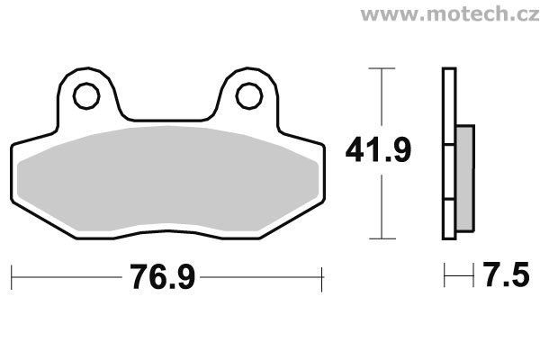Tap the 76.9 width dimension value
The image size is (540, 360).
pos(162,276)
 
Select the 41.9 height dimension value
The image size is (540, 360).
pos(378,149)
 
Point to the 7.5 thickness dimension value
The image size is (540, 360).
pos(506,274)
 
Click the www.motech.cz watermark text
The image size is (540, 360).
pos(450,14)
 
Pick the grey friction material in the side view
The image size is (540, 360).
pos(465,178)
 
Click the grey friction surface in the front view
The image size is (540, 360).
pos(167,179)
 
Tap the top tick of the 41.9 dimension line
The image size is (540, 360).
pos(382,68)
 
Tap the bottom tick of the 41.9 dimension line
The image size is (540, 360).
pos(382,238)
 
